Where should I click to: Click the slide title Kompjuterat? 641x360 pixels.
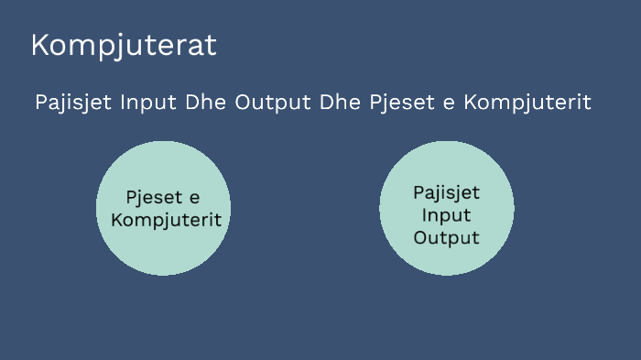coord(124,46)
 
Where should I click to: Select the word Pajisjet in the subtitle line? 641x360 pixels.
coord(74,103)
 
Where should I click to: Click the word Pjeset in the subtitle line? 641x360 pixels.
coord(402,103)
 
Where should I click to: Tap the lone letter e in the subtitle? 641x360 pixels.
coord(449,103)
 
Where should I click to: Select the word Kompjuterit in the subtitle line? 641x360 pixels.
coord(527,103)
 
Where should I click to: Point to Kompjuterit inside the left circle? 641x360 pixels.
coord(165,221)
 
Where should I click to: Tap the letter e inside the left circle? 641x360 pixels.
coord(193,199)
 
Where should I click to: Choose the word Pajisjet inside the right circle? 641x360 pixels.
coord(446,194)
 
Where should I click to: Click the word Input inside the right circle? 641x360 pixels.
coord(446,215)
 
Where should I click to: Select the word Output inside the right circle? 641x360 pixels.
coord(446,237)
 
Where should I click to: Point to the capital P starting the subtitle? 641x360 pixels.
coord(41,103)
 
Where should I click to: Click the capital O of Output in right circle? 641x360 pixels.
coord(420,237)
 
